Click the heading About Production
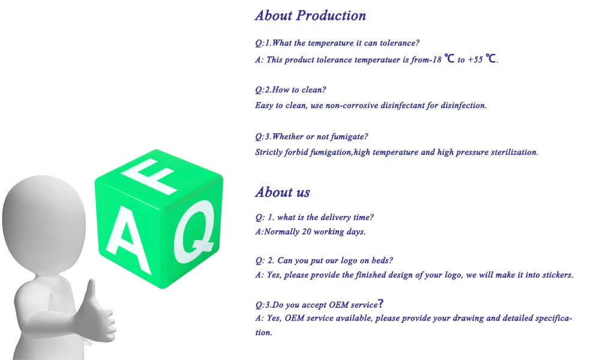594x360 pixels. [x=310, y=16]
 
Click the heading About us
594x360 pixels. [x=283, y=192]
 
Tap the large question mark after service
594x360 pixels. [x=381, y=304]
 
